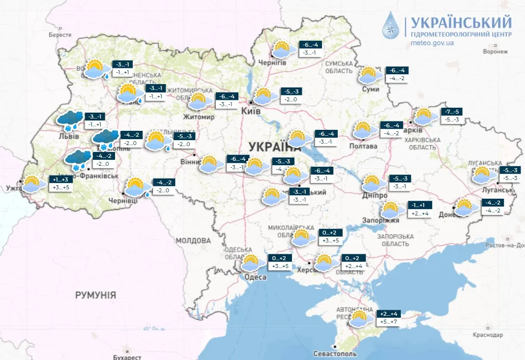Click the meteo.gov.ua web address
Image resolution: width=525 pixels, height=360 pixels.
coord(432,43)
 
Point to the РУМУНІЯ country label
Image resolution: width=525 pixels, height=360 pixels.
coord(95,295)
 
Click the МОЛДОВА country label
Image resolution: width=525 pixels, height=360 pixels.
coord(193,241)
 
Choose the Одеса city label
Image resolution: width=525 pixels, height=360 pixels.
coord(255,277)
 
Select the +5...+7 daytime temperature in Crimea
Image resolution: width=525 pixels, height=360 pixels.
coord(387,321)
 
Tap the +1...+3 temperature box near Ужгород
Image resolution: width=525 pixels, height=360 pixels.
coord(59,180)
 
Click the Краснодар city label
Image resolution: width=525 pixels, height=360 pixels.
coord(488,335)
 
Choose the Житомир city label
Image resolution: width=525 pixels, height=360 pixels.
coord(199,117)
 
